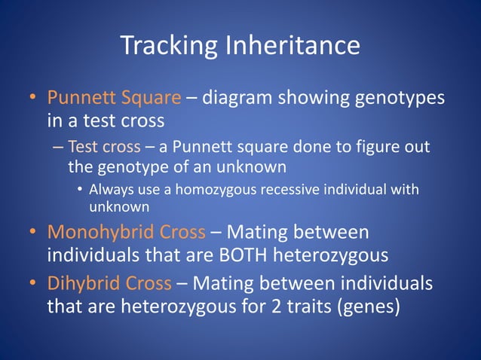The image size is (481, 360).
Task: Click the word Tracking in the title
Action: coord(168,47)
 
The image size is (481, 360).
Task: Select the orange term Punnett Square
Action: coord(114,99)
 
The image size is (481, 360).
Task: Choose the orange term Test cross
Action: coord(97,146)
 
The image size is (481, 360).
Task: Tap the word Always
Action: coord(110,189)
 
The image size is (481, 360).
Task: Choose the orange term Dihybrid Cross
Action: coord(109,284)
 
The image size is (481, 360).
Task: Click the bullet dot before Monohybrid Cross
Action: coord(34,232)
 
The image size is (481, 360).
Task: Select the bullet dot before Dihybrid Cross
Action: coord(34,285)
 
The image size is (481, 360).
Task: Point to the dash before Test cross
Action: coord(59,147)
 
